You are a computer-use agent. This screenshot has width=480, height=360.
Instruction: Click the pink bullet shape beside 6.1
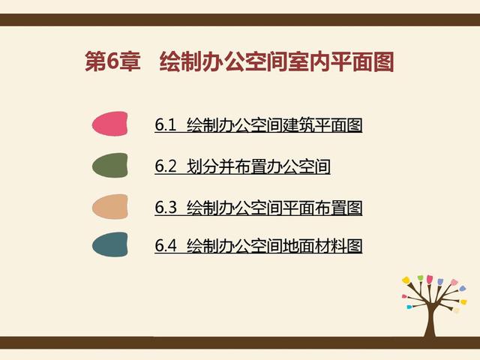[x=109, y=124]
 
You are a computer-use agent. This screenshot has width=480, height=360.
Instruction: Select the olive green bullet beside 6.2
[x=109, y=165]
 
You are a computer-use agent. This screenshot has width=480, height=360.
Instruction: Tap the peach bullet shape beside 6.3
[x=109, y=206]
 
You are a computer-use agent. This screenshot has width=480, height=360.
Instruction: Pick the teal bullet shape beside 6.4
[x=109, y=245]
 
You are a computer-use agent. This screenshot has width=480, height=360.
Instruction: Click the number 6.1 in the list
[x=165, y=125]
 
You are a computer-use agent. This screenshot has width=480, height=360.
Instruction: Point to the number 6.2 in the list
[x=165, y=166]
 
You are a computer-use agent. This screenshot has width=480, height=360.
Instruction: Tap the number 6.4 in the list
[x=165, y=245]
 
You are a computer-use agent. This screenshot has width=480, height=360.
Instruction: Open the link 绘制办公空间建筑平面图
[x=274, y=125]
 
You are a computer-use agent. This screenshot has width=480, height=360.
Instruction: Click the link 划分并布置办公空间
[x=258, y=166]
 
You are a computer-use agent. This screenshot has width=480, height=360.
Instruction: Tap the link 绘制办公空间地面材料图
[x=274, y=245]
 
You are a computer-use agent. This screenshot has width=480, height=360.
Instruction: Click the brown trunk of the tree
[x=430, y=319]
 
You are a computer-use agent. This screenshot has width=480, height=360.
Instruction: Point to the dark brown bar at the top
[x=240, y=19]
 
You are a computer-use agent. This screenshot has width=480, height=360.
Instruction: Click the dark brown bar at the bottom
[x=240, y=342]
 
